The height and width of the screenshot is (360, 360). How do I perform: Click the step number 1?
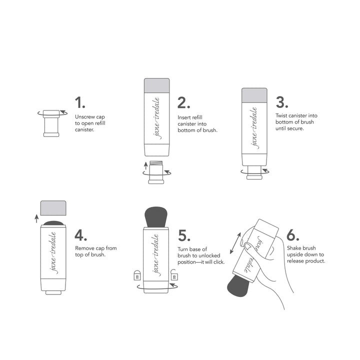point(79,102)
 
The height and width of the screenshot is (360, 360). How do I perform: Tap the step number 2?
point(183,102)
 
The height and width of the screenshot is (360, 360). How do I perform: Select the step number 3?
point(282,102)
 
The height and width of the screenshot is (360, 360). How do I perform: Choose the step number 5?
point(184,235)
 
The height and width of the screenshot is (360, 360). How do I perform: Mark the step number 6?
point(293,235)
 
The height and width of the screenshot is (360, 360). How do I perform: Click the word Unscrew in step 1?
point(84,117)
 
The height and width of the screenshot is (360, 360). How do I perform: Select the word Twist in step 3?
point(282,115)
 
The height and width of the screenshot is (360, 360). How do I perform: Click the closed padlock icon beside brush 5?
point(137,275)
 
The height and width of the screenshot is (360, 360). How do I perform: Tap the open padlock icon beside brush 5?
point(174,274)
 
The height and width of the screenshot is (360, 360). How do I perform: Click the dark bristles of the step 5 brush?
point(156,217)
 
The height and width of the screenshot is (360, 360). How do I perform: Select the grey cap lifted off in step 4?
point(53,208)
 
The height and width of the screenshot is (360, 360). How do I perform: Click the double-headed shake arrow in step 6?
point(235,243)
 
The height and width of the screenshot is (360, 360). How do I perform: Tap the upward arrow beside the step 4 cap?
point(36,218)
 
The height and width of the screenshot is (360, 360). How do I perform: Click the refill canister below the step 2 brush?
point(156,172)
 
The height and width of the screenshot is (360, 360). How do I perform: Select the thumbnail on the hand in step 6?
point(248,247)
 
